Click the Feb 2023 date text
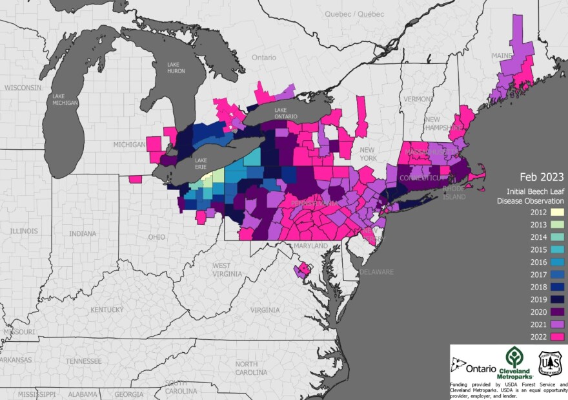(540, 176)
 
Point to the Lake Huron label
(176, 68)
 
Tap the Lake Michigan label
(66, 100)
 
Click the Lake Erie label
(201, 163)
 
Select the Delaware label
(376, 272)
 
